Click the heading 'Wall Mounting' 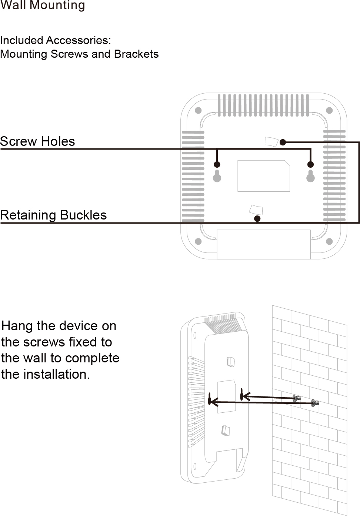(x=43, y=5)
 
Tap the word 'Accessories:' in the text (x=79, y=40)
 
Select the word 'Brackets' (x=136, y=54)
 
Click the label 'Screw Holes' (x=37, y=141)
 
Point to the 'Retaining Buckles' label (x=53, y=215)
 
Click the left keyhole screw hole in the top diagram (x=217, y=176)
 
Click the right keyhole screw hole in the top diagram (x=310, y=176)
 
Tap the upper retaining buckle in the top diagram (x=271, y=142)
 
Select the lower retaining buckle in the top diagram (x=256, y=210)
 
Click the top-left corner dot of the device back (x=198, y=110)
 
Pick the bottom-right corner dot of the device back (x=329, y=241)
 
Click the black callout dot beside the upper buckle (x=283, y=143)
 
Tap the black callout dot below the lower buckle (x=257, y=219)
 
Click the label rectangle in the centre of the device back (x=264, y=176)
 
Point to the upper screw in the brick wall (x=296, y=398)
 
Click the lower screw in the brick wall (x=315, y=403)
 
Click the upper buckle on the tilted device (x=230, y=362)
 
